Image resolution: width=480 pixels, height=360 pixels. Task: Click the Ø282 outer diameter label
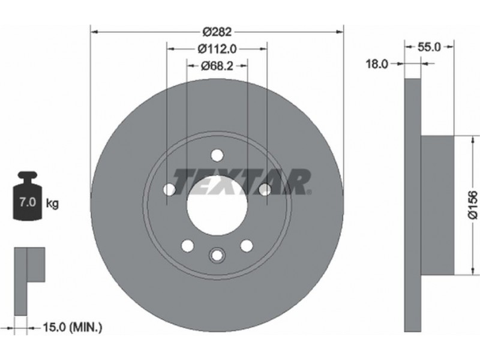click(x=217, y=32)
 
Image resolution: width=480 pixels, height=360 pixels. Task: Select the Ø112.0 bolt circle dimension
click(x=217, y=49)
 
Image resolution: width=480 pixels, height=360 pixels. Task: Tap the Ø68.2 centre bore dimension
click(x=217, y=65)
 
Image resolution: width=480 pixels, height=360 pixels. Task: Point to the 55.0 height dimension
click(x=429, y=47)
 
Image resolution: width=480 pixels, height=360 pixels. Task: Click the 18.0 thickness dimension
click(x=377, y=64)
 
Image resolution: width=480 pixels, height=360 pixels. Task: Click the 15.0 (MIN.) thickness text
click(x=72, y=328)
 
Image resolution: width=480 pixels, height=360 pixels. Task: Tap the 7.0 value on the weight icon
click(x=28, y=202)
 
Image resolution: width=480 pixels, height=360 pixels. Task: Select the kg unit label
click(x=52, y=203)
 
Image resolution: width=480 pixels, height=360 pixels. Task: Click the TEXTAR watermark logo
click(x=242, y=182)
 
